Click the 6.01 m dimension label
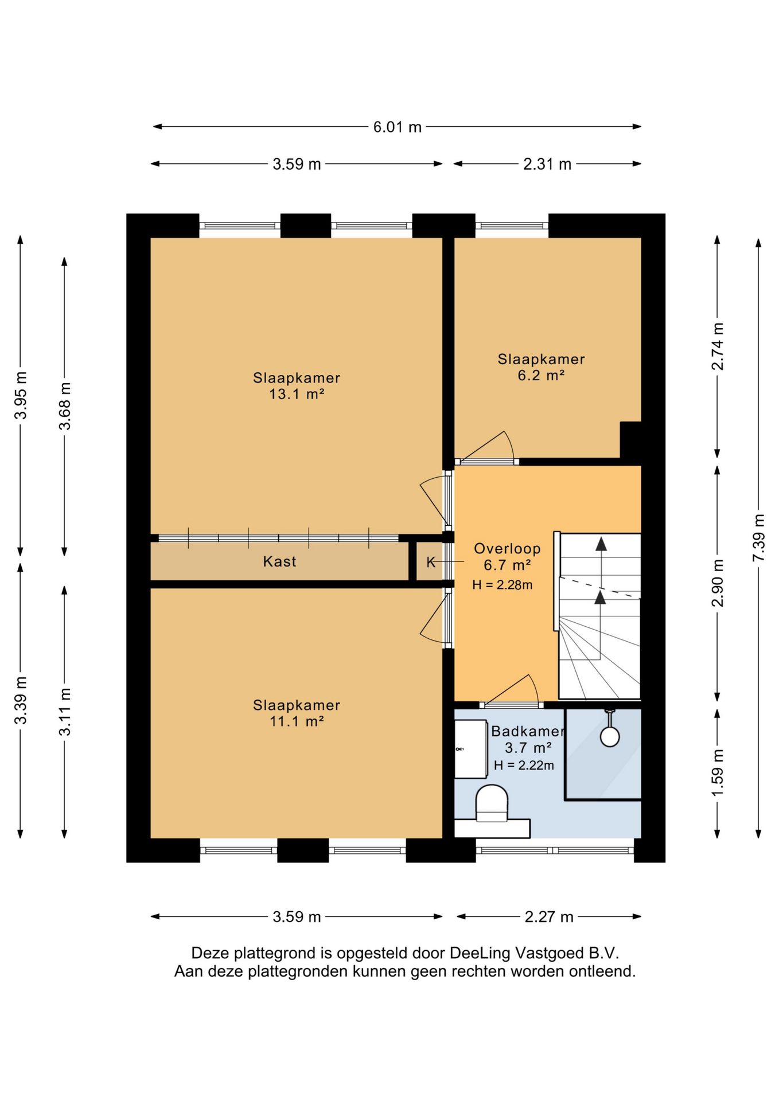tap(397, 127)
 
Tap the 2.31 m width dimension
tap(547, 164)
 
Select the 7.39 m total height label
tap(758, 538)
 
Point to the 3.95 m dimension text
tap(21, 395)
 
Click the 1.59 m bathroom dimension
tap(717, 772)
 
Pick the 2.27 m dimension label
tap(549, 917)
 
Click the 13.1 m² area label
tap(297, 394)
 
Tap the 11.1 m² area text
tap(297, 721)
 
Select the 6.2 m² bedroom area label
tap(541, 376)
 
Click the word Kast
tap(279, 561)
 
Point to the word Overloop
tap(507, 549)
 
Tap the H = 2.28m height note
tap(502, 585)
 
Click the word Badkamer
tap(528, 731)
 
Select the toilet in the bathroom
tap(492, 803)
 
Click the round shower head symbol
tap(609, 737)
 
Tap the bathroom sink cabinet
tap(471, 749)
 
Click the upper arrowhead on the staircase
tap(601, 544)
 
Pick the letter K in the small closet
tap(431, 563)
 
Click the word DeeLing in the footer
tap(480, 953)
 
